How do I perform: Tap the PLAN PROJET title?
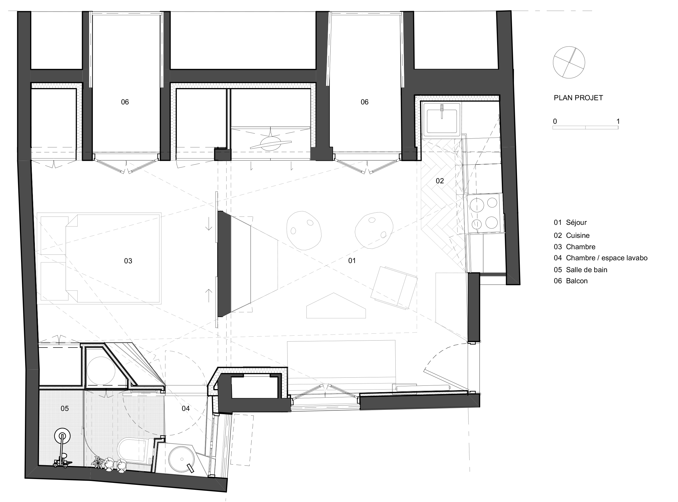coord(578,98)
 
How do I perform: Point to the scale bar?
coord(585,128)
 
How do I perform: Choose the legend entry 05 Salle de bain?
coord(580,270)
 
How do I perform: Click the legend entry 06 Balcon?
coord(571,281)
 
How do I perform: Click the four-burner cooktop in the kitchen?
coord(483,214)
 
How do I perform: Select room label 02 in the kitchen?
coord(440,181)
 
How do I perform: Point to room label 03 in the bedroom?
coord(128,261)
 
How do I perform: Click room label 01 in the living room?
coord(352,261)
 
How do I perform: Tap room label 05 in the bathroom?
coord(65,408)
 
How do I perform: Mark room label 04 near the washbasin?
coord(185,408)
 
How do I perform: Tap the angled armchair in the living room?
coord(394,287)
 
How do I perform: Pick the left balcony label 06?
coord(125,102)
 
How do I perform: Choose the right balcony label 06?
coord(364,102)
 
